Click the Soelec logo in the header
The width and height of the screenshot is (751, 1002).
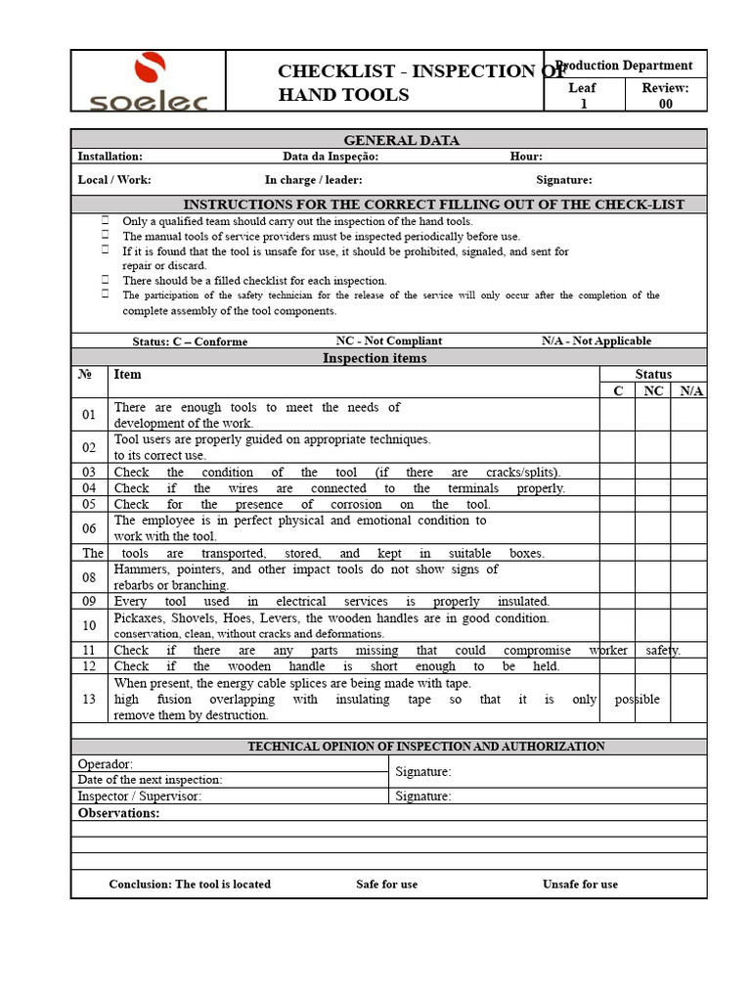pos(149,82)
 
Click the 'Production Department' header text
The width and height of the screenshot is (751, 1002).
pos(625,66)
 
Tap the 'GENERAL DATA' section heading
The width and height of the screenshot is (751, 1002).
pos(388,140)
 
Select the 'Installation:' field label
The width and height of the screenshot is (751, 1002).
pos(110,157)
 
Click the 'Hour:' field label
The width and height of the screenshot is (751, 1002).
pos(526,157)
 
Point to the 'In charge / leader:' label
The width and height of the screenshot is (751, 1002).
pos(313,180)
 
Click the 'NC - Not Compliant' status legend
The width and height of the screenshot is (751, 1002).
pos(388,341)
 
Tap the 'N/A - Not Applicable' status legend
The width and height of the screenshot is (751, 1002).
pos(596,341)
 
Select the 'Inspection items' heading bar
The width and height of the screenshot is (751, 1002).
pos(388,358)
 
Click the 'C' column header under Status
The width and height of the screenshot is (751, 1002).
pos(617,390)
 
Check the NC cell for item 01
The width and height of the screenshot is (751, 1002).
pos(652,415)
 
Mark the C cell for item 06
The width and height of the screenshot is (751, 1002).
pos(617,528)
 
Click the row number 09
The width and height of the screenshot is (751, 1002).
pos(89,602)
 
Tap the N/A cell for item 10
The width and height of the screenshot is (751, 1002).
pos(688,625)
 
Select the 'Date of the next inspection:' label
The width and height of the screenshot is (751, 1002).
pos(150,780)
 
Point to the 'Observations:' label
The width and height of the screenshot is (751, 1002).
pos(118,813)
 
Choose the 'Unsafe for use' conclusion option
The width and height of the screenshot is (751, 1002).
pos(580,884)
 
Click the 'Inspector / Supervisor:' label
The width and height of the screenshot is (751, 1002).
pos(139,797)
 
